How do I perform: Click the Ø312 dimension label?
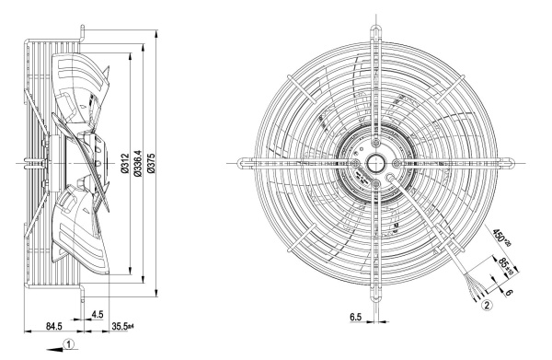(124, 163)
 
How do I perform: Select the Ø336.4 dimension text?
(138, 163)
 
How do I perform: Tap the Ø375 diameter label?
(152, 163)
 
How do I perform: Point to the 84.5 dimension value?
(54, 326)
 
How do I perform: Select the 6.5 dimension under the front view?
(355, 317)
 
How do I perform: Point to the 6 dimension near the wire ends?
(509, 292)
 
